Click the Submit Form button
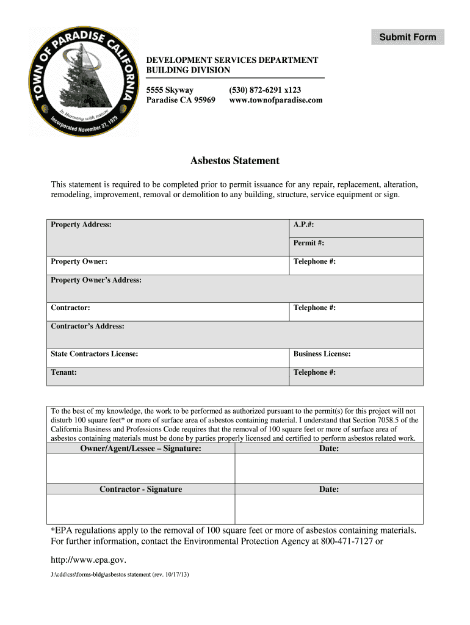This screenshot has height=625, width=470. [x=408, y=37]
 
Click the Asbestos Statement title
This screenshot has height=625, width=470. [x=235, y=161]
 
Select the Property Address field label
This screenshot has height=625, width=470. [x=81, y=225]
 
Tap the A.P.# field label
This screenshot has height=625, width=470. [x=303, y=225]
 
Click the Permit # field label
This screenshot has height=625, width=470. [x=308, y=243]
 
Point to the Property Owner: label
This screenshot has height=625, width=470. [x=79, y=261]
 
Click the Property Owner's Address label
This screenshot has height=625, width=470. [x=96, y=280]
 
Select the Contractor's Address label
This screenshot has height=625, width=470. [x=87, y=327]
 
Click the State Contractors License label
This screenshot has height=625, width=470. [x=94, y=354]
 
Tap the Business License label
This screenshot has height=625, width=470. [x=322, y=354]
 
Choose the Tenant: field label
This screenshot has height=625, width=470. [x=63, y=372]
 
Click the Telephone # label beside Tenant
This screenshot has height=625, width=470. [x=314, y=372]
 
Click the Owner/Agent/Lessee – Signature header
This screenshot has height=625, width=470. [x=141, y=449]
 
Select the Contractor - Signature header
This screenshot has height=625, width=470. [x=141, y=490]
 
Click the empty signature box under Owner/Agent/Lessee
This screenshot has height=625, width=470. [x=141, y=469]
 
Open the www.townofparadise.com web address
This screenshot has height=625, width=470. [x=275, y=100]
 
